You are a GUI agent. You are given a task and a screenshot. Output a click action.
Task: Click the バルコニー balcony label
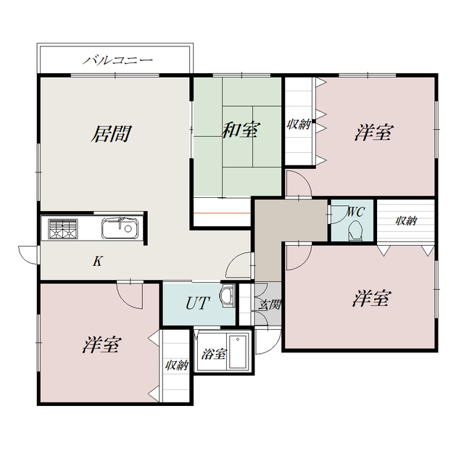coord(117,60)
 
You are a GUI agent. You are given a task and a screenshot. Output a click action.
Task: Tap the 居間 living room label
coord(111,133)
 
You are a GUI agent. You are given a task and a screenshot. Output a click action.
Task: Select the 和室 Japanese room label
coord(241,130)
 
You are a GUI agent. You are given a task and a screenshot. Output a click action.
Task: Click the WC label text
coord(355,212)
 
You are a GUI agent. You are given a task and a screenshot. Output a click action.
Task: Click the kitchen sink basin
coord(120,228)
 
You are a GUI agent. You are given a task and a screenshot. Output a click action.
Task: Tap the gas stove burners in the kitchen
coord(63,229)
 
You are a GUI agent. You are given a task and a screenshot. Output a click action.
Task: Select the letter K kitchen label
coord(98,261)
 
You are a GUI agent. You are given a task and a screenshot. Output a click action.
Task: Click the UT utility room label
coord(198,303)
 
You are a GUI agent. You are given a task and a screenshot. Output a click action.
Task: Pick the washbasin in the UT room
coord(227,296)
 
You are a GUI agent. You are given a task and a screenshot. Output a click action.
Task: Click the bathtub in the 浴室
coord(238,352)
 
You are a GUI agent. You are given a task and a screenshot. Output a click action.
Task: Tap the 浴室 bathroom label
coord(214,354)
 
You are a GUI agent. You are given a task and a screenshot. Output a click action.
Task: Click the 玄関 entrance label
coord(269,304)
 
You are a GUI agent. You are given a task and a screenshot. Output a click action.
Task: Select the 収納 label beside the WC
coord(406,220)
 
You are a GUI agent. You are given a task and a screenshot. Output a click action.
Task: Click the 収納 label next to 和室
coord(299,124)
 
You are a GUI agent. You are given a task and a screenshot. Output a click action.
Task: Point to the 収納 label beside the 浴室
coord(177,365)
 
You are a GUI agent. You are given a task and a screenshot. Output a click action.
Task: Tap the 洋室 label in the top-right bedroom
coord(374,132)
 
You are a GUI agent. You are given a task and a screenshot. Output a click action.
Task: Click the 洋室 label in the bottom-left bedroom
coord(101,345)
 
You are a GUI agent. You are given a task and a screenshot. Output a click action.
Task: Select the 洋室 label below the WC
coord(372,298)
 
